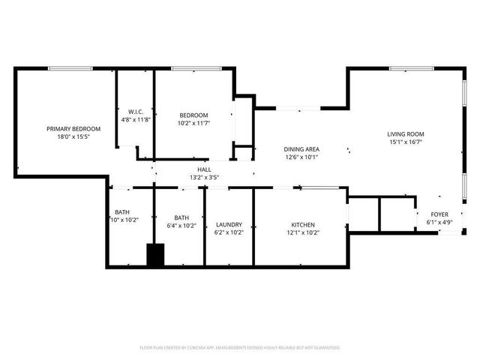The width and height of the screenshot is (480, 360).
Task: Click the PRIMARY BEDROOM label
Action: click(x=73, y=129)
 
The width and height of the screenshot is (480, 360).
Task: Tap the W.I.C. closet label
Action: click(x=136, y=111)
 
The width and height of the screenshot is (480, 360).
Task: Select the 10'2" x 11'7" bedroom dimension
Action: click(x=193, y=123)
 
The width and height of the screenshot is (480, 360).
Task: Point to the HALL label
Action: click(x=204, y=170)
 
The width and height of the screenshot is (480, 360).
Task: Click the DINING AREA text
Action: click(x=301, y=149)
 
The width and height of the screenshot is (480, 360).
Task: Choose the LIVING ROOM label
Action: click(x=406, y=133)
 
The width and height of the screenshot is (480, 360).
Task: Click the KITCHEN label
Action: click(x=303, y=225)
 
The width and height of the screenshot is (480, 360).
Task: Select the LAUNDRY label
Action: click(x=229, y=225)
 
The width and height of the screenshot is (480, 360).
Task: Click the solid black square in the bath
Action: click(x=155, y=255)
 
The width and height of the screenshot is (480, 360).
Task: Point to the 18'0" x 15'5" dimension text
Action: click(x=73, y=137)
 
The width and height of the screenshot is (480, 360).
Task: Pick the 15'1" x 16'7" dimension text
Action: click(x=406, y=142)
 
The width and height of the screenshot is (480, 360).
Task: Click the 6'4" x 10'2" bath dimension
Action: click(x=181, y=226)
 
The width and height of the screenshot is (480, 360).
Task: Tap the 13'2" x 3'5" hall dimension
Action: click(x=204, y=178)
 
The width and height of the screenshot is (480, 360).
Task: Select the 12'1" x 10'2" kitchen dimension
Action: click(x=303, y=233)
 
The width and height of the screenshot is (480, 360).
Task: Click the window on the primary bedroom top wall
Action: click(x=70, y=69)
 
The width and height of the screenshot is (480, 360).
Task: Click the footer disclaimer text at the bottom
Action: click(x=240, y=348)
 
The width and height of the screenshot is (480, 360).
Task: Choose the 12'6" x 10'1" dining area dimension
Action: click(x=301, y=157)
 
